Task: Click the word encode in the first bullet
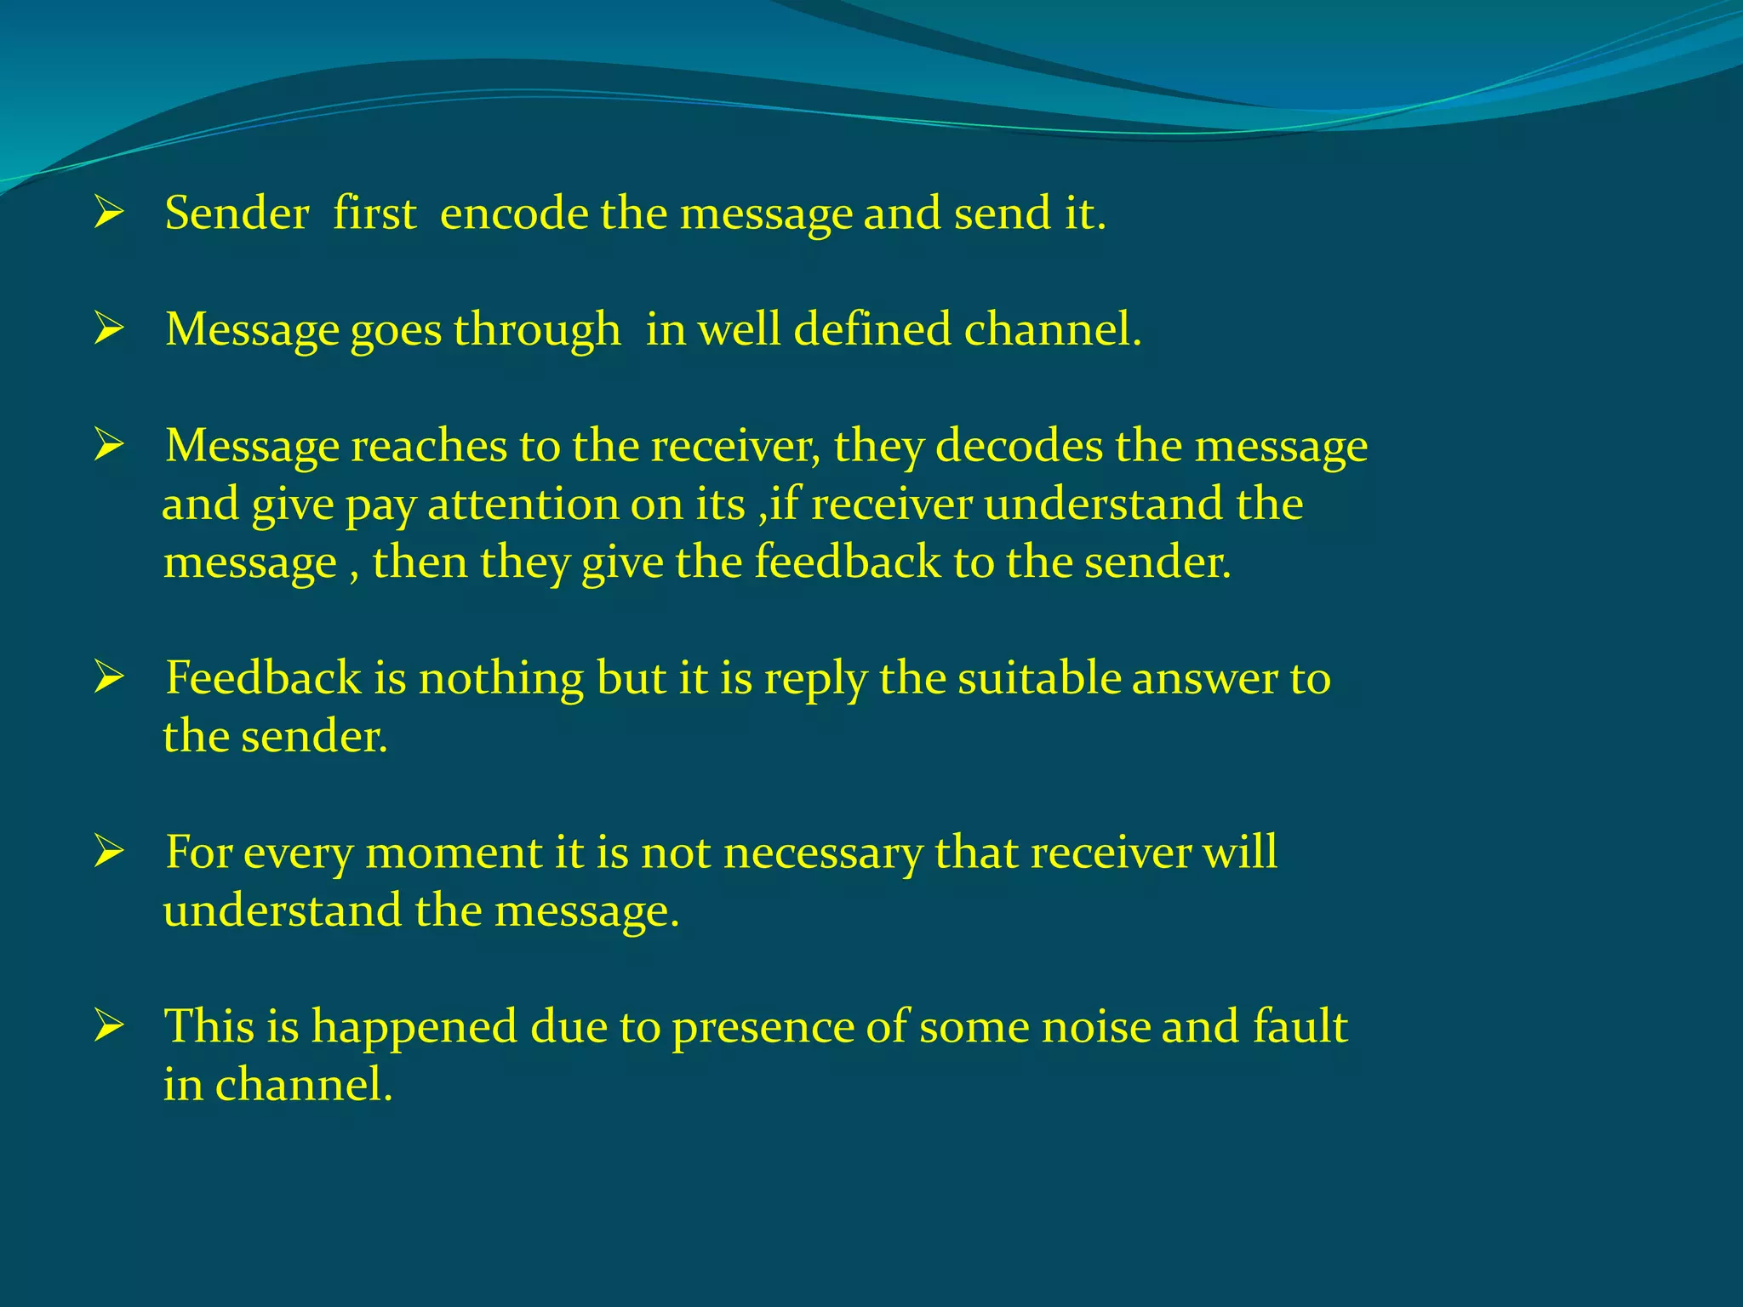(513, 213)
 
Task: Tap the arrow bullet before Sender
(109, 212)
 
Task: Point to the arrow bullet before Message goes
(109, 328)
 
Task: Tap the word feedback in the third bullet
(848, 562)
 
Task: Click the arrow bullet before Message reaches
(109, 445)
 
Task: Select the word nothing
(500, 679)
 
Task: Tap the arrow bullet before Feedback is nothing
(109, 678)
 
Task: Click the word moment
(454, 853)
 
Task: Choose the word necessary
(822, 853)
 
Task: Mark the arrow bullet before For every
(109, 852)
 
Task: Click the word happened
(414, 1027)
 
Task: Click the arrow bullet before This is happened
(109, 1026)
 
